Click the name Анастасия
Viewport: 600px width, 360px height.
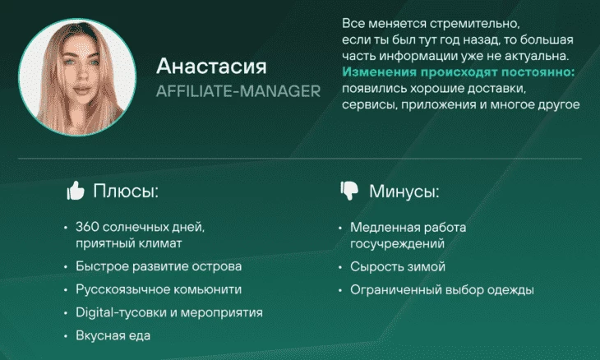tap(211, 67)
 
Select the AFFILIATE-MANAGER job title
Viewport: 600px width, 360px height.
tap(238, 91)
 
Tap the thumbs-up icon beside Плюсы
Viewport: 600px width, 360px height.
tap(76, 190)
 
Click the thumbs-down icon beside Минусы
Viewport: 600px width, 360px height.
tap(349, 191)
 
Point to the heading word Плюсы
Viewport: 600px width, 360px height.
tap(126, 191)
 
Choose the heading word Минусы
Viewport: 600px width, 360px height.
tap(404, 191)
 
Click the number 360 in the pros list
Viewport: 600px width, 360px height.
tap(87, 227)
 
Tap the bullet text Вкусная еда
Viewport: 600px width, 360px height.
tap(113, 335)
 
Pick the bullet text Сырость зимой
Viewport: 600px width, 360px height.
tap(398, 266)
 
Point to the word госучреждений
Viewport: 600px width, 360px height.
tap(397, 243)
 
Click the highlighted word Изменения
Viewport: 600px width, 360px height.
tap(379, 72)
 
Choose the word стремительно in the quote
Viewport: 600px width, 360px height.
tap(474, 24)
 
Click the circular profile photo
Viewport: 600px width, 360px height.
tap(77, 77)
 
